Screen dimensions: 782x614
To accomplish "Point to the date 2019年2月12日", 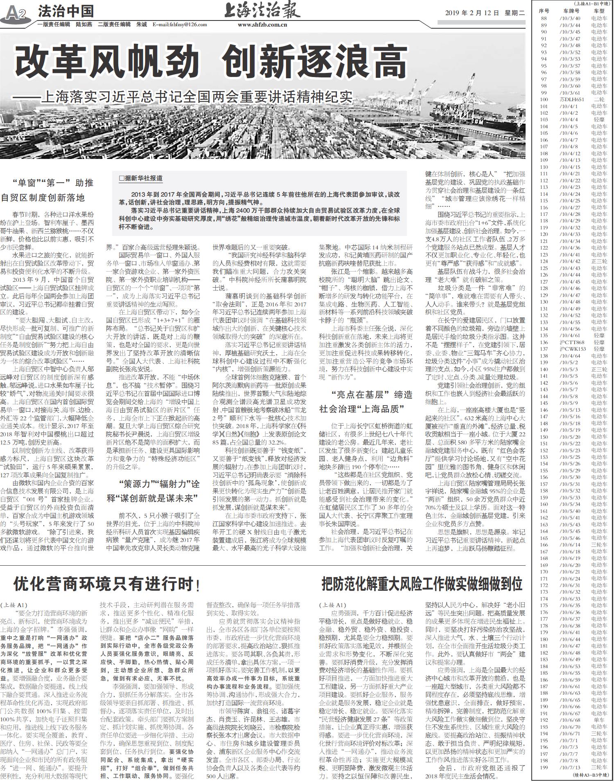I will (472, 13).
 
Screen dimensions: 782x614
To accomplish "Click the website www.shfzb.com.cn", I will (262, 25).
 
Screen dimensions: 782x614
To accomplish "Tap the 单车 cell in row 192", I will (599, 720).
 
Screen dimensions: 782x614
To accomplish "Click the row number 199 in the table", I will (544, 767).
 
